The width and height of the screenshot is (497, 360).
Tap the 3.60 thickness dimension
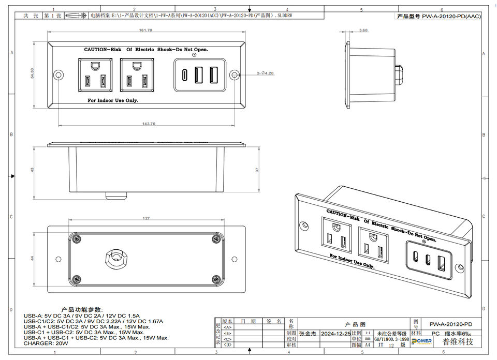[x=363, y=31]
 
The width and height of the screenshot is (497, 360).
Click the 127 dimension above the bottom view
[x=146, y=218]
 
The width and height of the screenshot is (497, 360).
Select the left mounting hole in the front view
[x=59, y=75]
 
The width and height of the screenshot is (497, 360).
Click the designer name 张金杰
[x=309, y=333]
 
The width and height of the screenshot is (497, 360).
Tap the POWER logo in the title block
[x=421, y=341]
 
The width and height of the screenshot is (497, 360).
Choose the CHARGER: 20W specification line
[x=46, y=343]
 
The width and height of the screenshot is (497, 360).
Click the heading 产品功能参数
[x=82, y=309]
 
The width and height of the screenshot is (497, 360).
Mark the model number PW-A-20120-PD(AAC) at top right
[x=439, y=17]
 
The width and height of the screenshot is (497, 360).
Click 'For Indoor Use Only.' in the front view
[x=113, y=100]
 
